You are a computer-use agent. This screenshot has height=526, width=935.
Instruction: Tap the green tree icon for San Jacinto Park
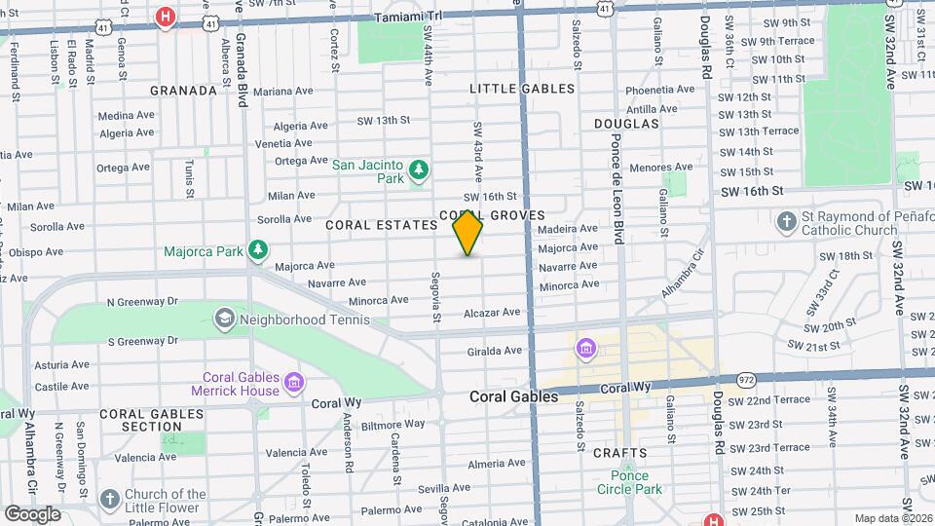[x=419, y=171]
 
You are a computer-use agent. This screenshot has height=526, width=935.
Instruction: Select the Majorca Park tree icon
[x=257, y=251]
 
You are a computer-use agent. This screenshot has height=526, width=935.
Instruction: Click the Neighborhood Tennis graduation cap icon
[x=225, y=319]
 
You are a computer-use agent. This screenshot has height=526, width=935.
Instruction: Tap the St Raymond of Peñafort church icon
[x=787, y=223]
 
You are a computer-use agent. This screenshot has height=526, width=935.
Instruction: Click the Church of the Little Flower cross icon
[x=110, y=500]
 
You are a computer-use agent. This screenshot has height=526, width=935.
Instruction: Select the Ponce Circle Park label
[x=629, y=482]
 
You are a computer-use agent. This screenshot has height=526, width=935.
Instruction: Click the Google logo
[x=32, y=514]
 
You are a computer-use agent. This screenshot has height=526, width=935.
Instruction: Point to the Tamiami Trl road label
[x=408, y=17]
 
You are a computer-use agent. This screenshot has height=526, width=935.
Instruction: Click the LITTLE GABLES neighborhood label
[x=522, y=89]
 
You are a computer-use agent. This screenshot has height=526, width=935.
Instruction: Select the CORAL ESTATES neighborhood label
[x=381, y=225]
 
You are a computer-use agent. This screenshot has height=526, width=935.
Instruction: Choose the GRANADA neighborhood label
[x=183, y=91]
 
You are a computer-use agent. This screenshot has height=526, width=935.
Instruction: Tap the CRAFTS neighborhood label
[x=619, y=453]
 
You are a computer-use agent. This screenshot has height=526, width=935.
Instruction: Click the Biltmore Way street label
[x=394, y=424]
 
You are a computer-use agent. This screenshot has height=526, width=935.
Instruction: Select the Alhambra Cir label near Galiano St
[x=682, y=278]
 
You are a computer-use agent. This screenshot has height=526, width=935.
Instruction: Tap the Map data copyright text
[x=892, y=518]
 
